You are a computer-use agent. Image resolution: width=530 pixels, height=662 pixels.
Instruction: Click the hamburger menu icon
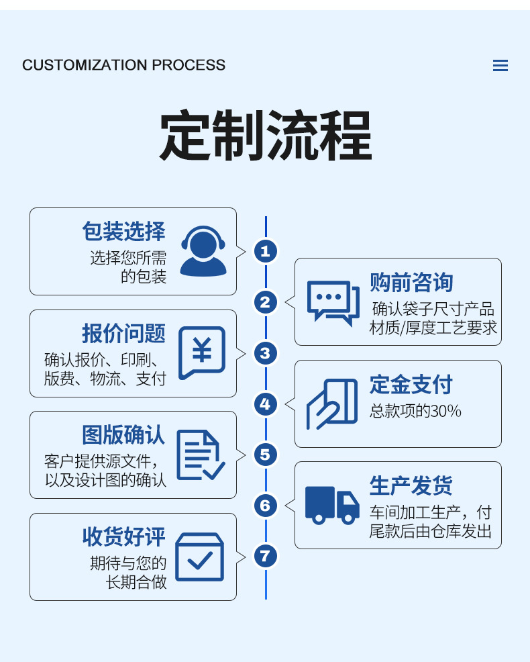point(500,66)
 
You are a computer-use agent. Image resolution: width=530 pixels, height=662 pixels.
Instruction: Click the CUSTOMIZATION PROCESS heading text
point(123,65)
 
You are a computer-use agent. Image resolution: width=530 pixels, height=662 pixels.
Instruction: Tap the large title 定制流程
point(265,136)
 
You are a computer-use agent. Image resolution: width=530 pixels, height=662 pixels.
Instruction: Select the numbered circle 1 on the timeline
point(266,251)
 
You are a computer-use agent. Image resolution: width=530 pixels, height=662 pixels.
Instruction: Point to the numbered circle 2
point(266,302)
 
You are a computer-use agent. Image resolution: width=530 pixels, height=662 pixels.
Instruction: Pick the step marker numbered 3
point(266,353)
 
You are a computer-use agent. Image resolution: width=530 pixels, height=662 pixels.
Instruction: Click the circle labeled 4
point(266,404)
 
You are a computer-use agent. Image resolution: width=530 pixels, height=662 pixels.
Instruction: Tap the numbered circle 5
point(266,455)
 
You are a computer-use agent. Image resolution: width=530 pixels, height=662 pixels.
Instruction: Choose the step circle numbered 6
point(266,505)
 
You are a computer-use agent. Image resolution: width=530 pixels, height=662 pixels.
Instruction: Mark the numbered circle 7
point(266,556)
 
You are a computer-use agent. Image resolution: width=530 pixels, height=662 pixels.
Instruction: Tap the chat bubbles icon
point(329,302)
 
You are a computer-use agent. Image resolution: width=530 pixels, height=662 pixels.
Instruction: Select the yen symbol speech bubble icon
point(202,352)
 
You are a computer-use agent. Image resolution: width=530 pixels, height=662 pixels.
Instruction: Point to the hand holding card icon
point(332,404)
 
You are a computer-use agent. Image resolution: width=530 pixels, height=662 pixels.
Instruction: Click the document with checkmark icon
point(200,455)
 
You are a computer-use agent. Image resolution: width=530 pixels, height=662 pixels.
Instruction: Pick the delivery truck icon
point(332,505)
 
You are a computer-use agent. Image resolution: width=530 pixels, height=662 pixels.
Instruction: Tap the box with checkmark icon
point(199,557)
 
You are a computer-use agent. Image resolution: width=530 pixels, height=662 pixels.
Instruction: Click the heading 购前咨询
point(411,283)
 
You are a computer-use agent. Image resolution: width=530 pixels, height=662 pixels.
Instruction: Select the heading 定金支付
point(411,385)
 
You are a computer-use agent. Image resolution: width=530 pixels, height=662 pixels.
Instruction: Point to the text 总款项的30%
point(415,411)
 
